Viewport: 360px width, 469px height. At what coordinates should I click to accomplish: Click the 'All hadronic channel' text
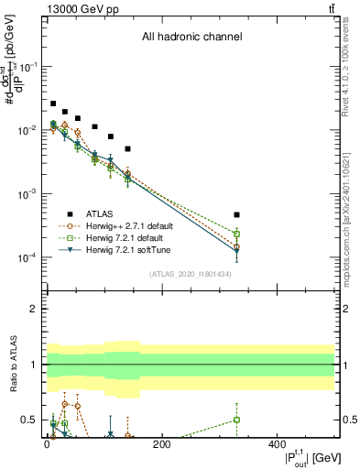[191, 38]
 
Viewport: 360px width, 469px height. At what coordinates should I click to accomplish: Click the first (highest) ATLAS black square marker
[53, 104]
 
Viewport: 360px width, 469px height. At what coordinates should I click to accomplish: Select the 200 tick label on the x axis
[161, 444]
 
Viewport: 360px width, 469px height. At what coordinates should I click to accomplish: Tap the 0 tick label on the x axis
[47, 444]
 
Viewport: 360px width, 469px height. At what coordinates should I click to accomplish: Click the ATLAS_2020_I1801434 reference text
[191, 274]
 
